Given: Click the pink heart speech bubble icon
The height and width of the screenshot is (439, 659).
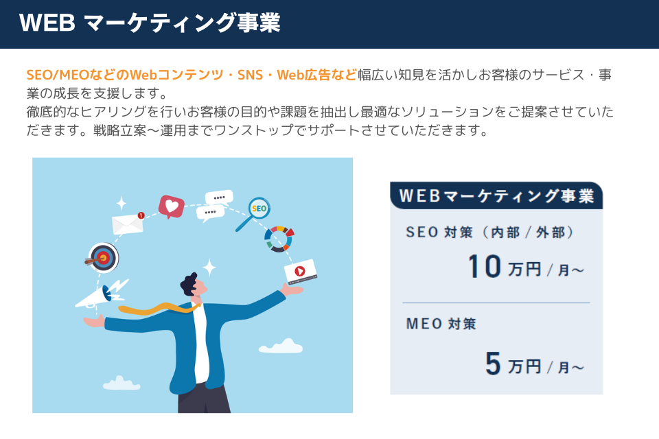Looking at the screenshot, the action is (171, 206).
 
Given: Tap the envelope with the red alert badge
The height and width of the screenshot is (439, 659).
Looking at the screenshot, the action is (128, 224).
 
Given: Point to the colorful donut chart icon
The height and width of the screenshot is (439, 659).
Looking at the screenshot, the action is (279, 239).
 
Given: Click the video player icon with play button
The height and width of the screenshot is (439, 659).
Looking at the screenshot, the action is (301, 272).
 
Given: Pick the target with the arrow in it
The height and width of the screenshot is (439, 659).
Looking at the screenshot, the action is (102, 257).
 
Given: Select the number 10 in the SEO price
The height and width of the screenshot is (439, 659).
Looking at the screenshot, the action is (485, 266).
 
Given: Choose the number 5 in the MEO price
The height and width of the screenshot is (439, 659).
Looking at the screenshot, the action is (493, 364).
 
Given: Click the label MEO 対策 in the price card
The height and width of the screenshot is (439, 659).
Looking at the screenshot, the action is (441, 324).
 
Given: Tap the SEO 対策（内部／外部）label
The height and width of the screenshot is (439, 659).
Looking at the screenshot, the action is (490, 233).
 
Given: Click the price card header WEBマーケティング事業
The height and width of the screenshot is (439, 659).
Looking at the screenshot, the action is (496, 196).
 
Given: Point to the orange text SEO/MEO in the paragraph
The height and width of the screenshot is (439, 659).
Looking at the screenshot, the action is (58, 75).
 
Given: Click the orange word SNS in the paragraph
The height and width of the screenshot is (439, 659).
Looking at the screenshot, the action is (250, 75).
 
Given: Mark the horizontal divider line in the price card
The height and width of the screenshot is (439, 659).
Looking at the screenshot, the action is (496, 302).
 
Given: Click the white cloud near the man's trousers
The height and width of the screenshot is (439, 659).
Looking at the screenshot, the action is (121, 383).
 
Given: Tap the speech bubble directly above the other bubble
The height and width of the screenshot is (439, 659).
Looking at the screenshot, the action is (219, 198).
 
